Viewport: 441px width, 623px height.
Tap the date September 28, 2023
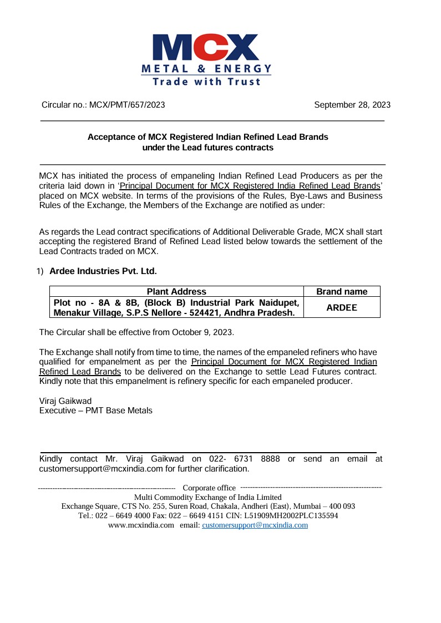(x=352, y=105)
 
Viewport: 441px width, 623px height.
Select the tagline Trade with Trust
(x=206, y=82)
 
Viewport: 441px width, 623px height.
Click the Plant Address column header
(x=176, y=292)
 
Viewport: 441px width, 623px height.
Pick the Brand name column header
(x=342, y=292)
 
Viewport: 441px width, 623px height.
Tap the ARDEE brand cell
(x=342, y=307)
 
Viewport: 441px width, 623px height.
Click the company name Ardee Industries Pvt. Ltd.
(x=103, y=271)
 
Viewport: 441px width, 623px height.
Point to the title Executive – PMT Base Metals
(x=95, y=411)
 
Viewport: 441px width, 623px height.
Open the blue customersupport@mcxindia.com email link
(x=255, y=525)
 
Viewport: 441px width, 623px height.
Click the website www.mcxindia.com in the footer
(x=141, y=525)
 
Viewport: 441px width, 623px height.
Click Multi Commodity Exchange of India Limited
(x=208, y=497)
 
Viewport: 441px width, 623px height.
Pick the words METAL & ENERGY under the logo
(x=206, y=69)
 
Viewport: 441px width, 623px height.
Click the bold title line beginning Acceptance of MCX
(x=208, y=136)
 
